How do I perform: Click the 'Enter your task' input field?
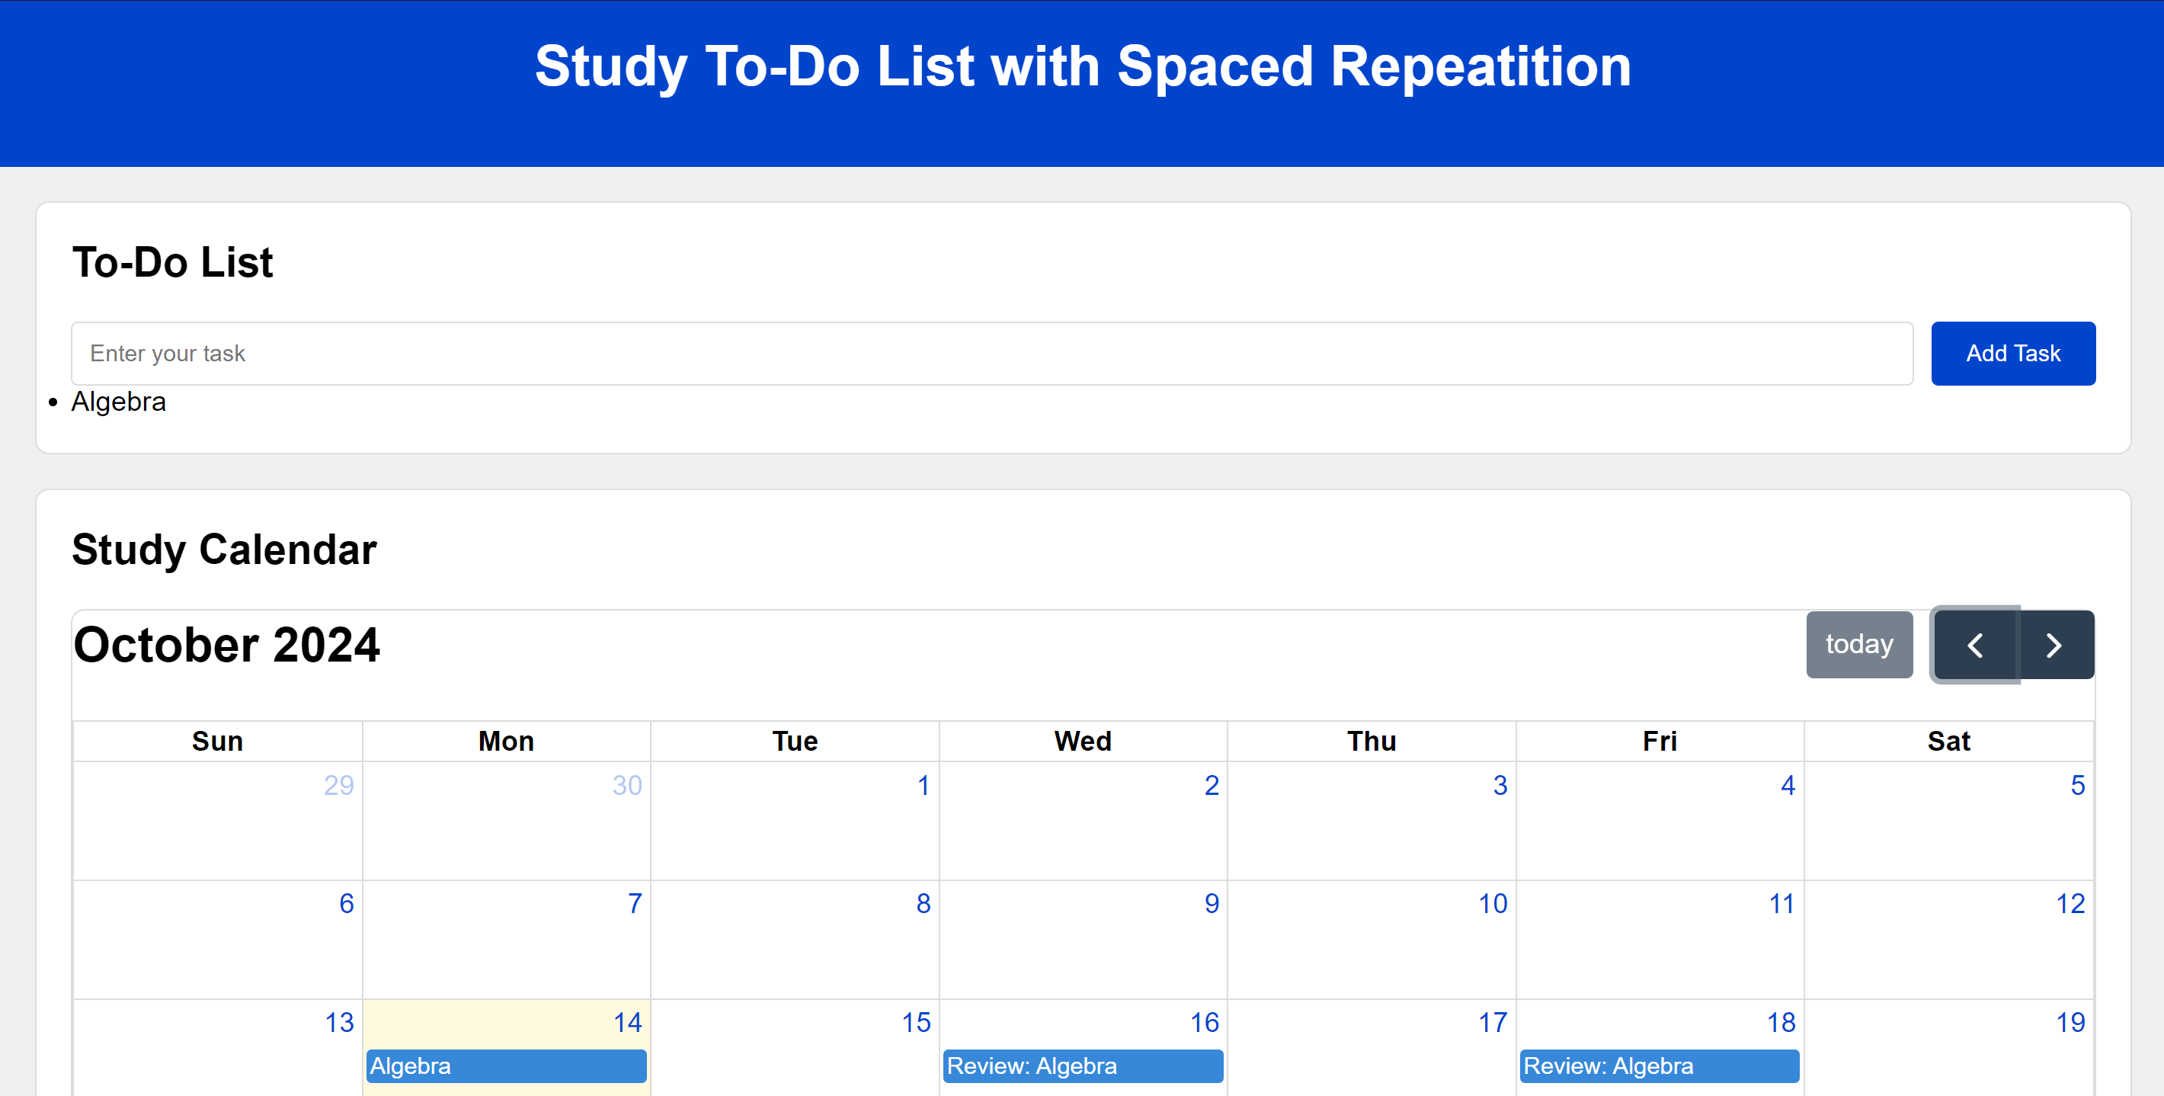[x=991, y=353]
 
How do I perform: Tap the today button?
[x=1858, y=645]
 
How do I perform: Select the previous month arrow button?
[x=1975, y=645]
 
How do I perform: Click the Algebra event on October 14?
[x=506, y=1066]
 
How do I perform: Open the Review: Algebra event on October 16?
[x=1082, y=1066]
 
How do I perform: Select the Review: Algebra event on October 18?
[x=1658, y=1066]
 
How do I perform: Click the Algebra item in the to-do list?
[x=118, y=402]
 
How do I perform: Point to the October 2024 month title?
[x=227, y=645]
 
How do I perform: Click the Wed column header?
[x=1082, y=742]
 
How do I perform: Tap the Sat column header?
[x=1948, y=742]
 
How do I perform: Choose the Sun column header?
[x=218, y=742]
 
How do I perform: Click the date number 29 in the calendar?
[x=338, y=785]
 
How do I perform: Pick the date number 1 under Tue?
[x=923, y=785]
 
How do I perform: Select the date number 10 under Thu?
[x=1492, y=903]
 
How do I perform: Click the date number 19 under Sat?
[x=2070, y=1022]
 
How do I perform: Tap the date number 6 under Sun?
[x=346, y=903]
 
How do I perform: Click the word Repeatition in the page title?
[x=1481, y=66]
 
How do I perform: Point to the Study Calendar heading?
[x=224, y=550]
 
